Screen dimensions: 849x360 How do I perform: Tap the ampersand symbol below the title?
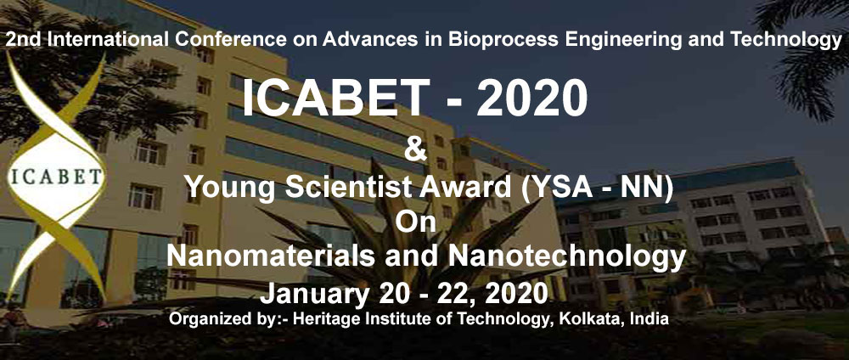pyautogui.click(x=416, y=150)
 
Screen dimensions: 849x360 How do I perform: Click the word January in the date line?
pyautogui.click(x=311, y=294)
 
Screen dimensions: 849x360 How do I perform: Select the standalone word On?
pyautogui.click(x=416, y=222)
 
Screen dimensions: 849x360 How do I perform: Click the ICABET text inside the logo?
pyautogui.click(x=56, y=177)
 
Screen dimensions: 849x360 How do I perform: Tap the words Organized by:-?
pyautogui.click(x=229, y=319)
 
